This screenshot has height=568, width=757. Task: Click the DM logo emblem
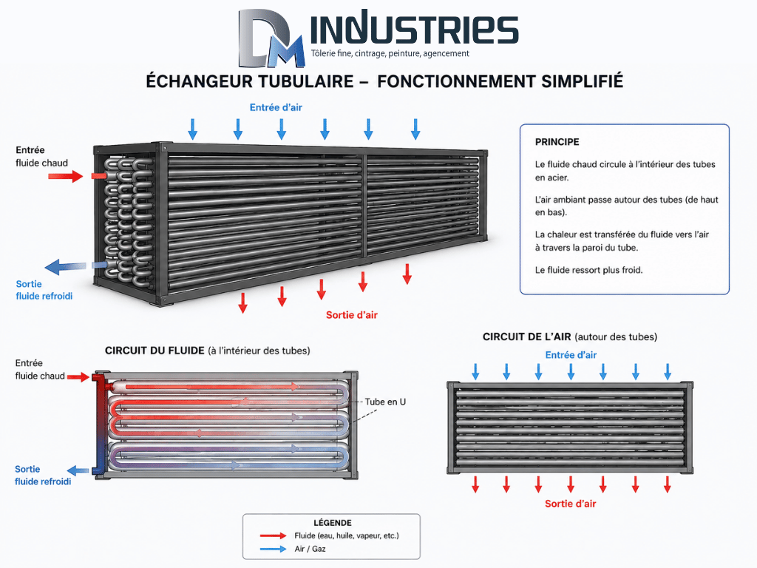click(272, 38)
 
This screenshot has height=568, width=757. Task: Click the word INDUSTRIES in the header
click(414, 29)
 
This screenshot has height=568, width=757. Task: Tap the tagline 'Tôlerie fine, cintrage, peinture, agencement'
click(390, 53)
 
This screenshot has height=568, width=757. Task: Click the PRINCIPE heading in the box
click(557, 142)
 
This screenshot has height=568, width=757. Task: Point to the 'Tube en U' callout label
click(385, 402)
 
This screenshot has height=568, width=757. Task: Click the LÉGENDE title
click(333, 523)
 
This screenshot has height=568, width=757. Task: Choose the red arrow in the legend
click(273, 535)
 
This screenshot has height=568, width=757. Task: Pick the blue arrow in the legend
click(273, 550)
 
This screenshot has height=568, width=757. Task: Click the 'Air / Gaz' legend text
click(310, 550)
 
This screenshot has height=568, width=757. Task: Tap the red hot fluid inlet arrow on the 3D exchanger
click(66, 176)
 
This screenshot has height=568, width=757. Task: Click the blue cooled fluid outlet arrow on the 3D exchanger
click(65, 266)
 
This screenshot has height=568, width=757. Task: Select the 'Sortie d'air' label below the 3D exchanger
click(351, 315)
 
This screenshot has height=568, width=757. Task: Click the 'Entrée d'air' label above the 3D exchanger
click(276, 108)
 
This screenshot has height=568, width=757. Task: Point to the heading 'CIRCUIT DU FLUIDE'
click(155, 351)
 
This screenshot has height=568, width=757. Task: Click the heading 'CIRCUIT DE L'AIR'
click(526, 337)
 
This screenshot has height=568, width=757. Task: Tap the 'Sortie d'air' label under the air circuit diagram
click(570, 504)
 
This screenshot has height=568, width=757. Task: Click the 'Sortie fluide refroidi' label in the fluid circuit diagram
click(42, 476)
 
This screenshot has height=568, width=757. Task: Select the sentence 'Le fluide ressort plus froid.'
click(588, 270)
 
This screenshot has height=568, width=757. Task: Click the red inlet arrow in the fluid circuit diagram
click(78, 376)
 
